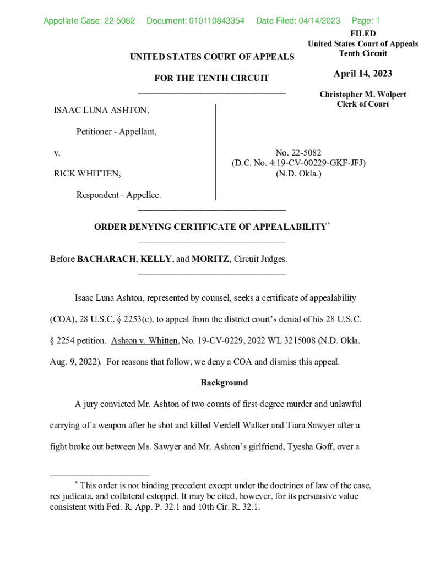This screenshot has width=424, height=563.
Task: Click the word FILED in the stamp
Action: [x=363, y=34]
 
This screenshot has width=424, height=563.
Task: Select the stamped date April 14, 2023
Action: [x=363, y=74]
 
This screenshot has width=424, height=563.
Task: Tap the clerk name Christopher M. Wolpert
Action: [x=363, y=95]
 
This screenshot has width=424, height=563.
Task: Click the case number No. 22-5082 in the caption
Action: [x=298, y=153]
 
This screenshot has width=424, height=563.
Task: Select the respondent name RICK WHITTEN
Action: [x=87, y=174]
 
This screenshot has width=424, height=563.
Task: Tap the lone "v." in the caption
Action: [x=57, y=153]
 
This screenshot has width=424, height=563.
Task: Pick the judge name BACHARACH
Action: [x=107, y=258]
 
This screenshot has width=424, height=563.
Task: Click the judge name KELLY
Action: [x=156, y=258]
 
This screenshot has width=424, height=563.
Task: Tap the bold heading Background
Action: [x=224, y=383]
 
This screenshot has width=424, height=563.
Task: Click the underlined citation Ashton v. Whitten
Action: [x=145, y=341]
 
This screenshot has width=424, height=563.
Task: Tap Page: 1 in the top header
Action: [x=366, y=21]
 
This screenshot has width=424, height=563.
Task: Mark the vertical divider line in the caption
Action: [x=215, y=152]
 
